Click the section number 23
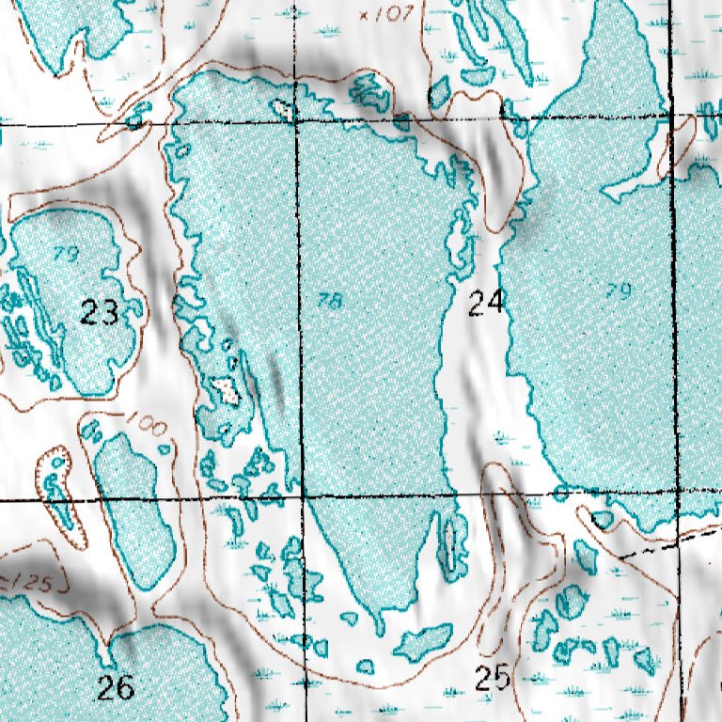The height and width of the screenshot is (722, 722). [x=99, y=312]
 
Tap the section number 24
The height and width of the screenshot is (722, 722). [x=486, y=302]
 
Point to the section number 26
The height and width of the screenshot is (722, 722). [x=117, y=687]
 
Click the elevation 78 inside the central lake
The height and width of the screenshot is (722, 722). [x=330, y=301]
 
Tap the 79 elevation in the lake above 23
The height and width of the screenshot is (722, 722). [x=65, y=253]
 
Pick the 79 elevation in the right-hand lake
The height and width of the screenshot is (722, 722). [x=618, y=291]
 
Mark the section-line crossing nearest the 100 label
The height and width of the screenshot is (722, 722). [x=301, y=495]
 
